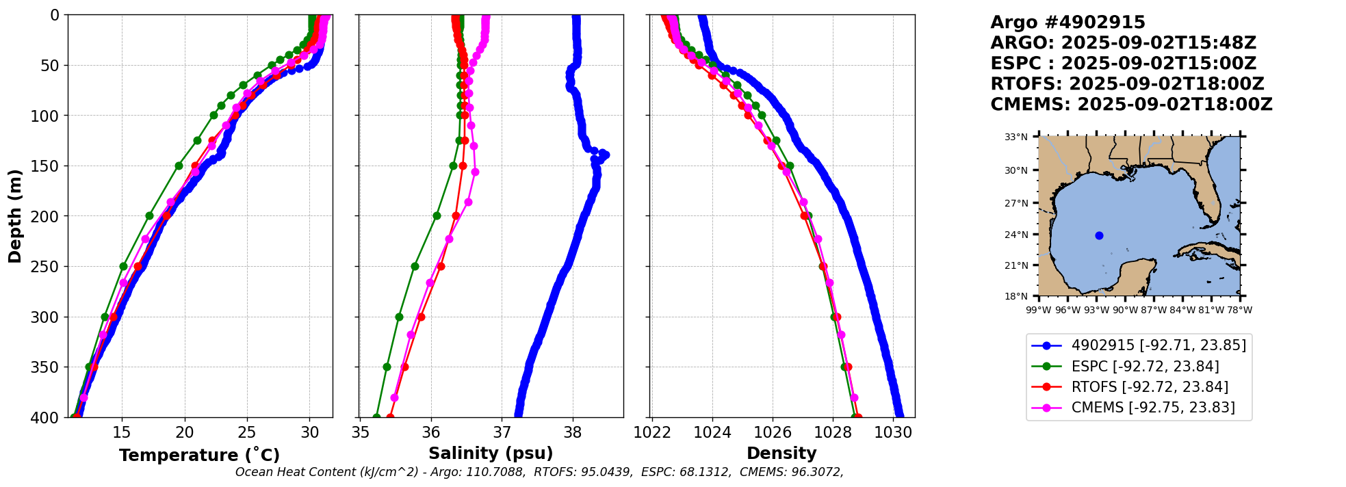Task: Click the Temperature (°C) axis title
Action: click(x=199, y=456)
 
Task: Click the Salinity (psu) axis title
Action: click(x=491, y=453)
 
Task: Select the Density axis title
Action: click(x=781, y=453)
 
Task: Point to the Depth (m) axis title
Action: click(x=15, y=216)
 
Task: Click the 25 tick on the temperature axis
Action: click(x=247, y=432)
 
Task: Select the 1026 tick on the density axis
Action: click(x=773, y=432)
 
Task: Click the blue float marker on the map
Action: click(x=1099, y=235)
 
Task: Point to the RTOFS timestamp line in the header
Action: click(x=1127, y=84)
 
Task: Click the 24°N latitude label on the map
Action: click(x=1016, y=235)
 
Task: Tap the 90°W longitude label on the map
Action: click(x=1125, y=310)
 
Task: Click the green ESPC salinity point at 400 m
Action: click(x=376, y=417)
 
